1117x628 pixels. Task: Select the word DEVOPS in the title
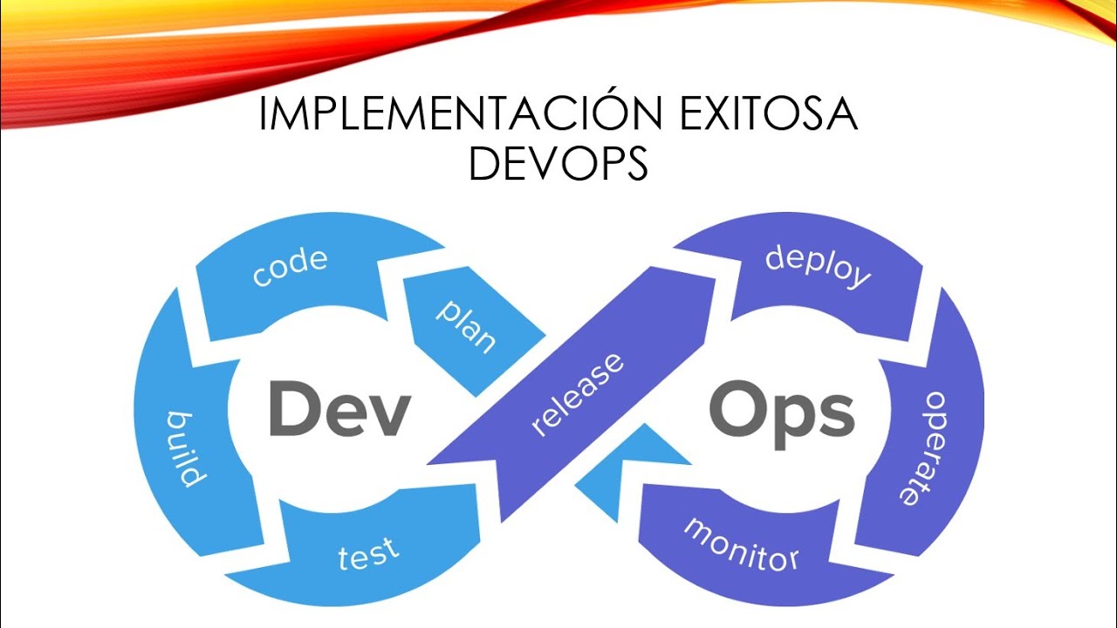558,164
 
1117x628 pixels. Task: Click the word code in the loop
290,266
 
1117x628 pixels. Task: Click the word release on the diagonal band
578,393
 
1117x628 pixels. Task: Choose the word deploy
818,266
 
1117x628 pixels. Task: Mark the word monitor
741,543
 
